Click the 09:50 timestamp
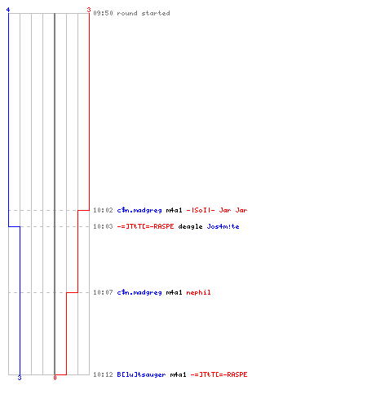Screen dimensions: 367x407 pyautogui.click(x=103, y=13)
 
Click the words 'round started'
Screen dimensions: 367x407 pyautogui.click(x=144, y=13)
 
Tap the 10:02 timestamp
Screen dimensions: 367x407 pyautogui.click(x=103, y=210)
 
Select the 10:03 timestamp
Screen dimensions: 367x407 pyautogui.click(x=103, y=226)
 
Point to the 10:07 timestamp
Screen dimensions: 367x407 pyautogui.click(x=103, y=292)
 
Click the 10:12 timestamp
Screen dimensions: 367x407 pyautogui.click(x=103, y=374)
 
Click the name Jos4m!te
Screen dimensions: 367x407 pyautogui.click(x=223, y=226)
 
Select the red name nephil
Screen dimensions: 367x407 pyautogui.click(x=198, y=292)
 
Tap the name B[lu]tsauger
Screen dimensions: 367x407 pyautogui.click(x=141, y=374)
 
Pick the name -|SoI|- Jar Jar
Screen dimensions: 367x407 pyautogui.click(x=217, y=210)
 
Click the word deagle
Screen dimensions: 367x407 pyautogui.click(x=190, y=226)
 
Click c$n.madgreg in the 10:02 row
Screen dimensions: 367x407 pyautogui.click(x=139, y=210)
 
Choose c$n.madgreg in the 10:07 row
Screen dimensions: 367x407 pyautogui.click(x=139, y=292)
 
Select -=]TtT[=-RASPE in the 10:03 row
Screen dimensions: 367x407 pyautogui.click(x=145, y=226)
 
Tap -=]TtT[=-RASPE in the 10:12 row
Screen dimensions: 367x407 pyautogui.click(x=219, y=374)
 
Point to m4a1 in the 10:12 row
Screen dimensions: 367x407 pyautogui.click(x=178, y=374)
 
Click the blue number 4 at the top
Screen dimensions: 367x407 pyautogui.click(x=8, y=10)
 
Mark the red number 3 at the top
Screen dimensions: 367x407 pyautogui.click(x=89, y=10)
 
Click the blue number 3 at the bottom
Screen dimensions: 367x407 pyautogui.click(x=20, y=378)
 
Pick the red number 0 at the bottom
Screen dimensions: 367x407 pyautogui.click(x=55, y=378)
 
